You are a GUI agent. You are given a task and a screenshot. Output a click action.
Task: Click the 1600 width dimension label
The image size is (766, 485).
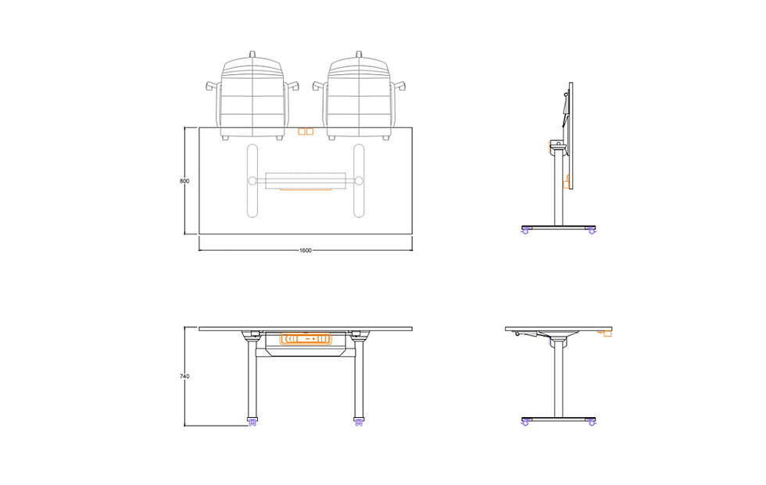pyautogui.click(x=306, y=251)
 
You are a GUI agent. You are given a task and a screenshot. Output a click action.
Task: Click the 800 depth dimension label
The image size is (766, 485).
pyautogui.click(x=184, y=181)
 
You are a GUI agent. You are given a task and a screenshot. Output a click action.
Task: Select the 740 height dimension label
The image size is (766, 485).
pyautogui.click(x=184, y=376)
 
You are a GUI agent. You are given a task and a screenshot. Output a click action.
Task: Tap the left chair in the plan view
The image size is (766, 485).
pyautogui.click(x=252, y=98)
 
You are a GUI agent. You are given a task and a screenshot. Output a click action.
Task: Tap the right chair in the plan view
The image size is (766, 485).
pyautogui.click(x=359, y=98)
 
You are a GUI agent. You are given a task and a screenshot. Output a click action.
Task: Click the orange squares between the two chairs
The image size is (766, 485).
pyautogui.click(x=306, y=132)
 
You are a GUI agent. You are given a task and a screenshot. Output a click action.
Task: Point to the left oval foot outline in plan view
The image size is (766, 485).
pyautogui.click(x=252, y=181)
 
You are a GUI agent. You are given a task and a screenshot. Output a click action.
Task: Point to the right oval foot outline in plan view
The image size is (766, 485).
pyautogui.click(x=359, y=181)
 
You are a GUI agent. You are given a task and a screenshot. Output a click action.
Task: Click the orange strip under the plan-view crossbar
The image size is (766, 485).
pyautogui.click(x=306, y=189)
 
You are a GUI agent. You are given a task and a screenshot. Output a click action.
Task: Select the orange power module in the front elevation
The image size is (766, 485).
pyautogui.click(x=306, y=339)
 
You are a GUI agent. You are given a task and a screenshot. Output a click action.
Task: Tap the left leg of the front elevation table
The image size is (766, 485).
pyautogui.click(x=252, y=379)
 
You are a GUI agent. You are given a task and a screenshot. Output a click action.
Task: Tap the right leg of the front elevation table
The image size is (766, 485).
pyautogui.click(x=359, y=379)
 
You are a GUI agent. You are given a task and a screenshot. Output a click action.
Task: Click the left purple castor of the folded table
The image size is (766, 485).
pyautogui.click(x=526, y=230)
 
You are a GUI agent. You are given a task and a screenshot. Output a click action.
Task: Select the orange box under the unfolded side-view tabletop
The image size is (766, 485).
pyautogui.click(x=605, y=333)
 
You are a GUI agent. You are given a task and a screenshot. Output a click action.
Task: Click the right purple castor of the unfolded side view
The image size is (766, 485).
pyautogui.click(x=592, y=423)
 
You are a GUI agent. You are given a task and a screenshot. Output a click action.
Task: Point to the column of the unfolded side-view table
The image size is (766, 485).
pyautogui.click(x=558, y=379)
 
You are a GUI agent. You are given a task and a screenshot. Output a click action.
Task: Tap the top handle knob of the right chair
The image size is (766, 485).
pyautogui.click(x=359, y=54)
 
